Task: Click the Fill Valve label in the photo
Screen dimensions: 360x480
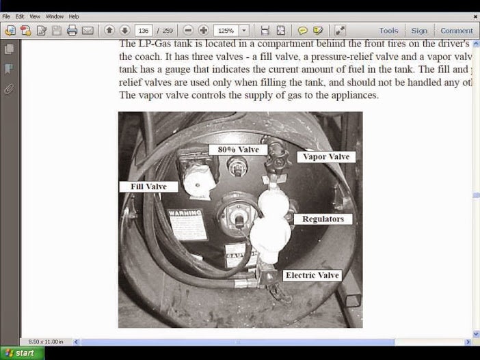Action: click(x=148, y=186)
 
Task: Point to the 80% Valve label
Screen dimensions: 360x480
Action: click(x=238, y=150)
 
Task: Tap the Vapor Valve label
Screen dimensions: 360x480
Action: click(x=326, y=156)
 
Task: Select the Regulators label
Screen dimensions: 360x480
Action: click(x=323, y=219)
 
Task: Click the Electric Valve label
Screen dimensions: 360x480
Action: click(x=312, y=275)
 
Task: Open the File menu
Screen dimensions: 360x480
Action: click(x=6, y=16)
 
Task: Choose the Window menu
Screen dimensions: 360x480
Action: click(x=54, y=16)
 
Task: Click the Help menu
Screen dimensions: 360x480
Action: click(x=74, y=16)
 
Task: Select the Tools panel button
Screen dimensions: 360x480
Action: click(x=388, y=31)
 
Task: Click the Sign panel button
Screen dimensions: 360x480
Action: click(x=419, y=31)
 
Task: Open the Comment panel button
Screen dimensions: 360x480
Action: click(x=456, y=31)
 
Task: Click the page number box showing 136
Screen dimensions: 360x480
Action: click(x=144, y=31)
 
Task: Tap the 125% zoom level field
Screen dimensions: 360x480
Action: click(x=225, y=31)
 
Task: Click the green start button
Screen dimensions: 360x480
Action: click(x=22, y=353)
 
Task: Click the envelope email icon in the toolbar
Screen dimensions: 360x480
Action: click(x=88, y=31)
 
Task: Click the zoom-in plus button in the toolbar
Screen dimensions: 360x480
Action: click(x=203, y=31)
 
